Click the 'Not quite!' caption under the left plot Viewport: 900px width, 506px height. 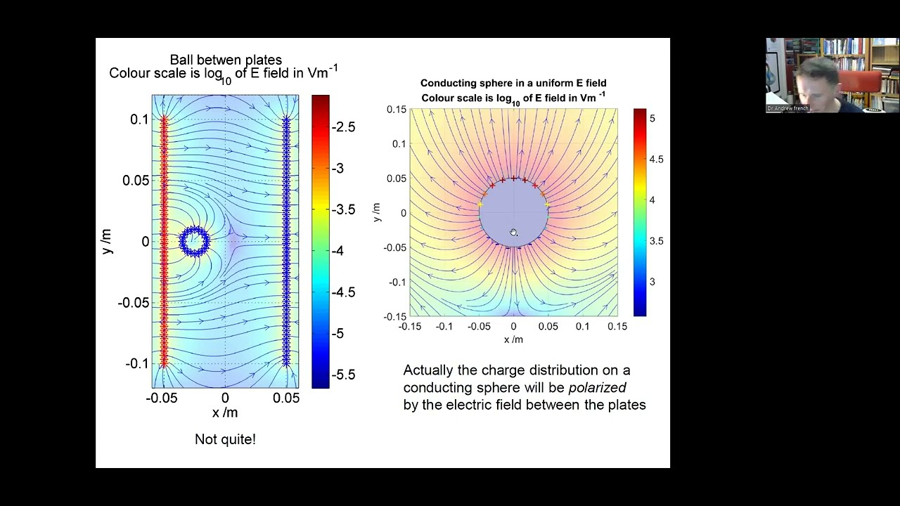pyautogui.click(x=225, y=440)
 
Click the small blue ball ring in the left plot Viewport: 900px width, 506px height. pyautogui.click(x=194, y=241)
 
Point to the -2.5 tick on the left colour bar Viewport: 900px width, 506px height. pyautogui.click(x=343, y=127)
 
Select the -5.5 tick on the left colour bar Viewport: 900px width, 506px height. pyautogui.click(x=343, y=375)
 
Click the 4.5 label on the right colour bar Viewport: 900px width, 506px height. pyautogui.click(x=656, y=160)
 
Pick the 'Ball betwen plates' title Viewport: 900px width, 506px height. pyautogui.click(x=225, y=60)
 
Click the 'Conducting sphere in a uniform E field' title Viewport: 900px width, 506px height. pyautogui.click(x=513, y=84)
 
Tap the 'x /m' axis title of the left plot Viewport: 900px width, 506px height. pyautogui.click(x=225, y=413)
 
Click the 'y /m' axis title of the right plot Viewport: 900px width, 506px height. pyautogui.click(x=378, y=212)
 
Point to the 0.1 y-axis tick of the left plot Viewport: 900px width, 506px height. pyautogui.click(x=139, y=119)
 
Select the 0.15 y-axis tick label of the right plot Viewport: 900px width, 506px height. pyautogui.click(x=397, y=110)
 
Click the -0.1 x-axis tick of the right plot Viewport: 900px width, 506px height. pyautogui.click(x=444, y=327)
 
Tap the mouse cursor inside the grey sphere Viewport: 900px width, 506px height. pyautogui.click(x=513, y=233)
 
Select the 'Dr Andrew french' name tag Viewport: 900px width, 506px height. pyautogui.click(x=787, y=108)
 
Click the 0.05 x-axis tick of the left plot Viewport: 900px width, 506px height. pyautogui.click(x=285, y=398)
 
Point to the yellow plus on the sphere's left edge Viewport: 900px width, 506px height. pyautogui.click(x=481, y=205)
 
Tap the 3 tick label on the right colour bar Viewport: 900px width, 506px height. pyautogui.click(x=652, y=282)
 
